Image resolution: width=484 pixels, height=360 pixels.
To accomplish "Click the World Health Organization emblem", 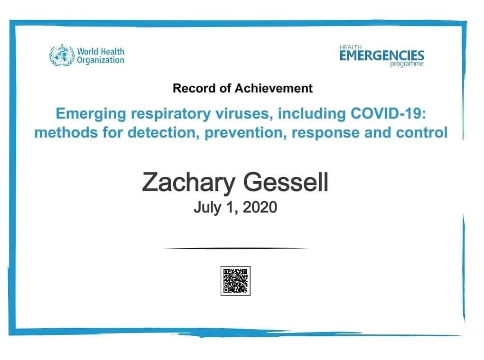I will (62, 55).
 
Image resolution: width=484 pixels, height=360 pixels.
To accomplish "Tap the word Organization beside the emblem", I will (100, 60).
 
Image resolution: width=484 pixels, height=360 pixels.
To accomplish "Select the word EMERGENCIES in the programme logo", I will (382, 56).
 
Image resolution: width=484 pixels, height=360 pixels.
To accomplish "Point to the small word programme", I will (407, 64).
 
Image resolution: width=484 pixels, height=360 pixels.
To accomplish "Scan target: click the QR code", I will (235, 281).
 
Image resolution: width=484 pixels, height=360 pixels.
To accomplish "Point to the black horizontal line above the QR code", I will (235, 248).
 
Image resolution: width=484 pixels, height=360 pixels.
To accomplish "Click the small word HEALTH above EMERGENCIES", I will (350, 47).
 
